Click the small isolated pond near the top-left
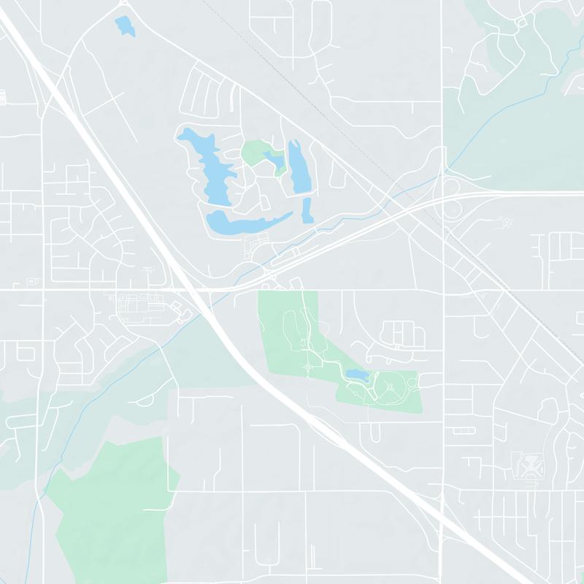125,26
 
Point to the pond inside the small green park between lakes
275,161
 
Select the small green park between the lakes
255,153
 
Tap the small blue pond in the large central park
356,374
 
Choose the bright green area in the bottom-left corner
109,511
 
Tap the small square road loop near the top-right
520,23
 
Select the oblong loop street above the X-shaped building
465,430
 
